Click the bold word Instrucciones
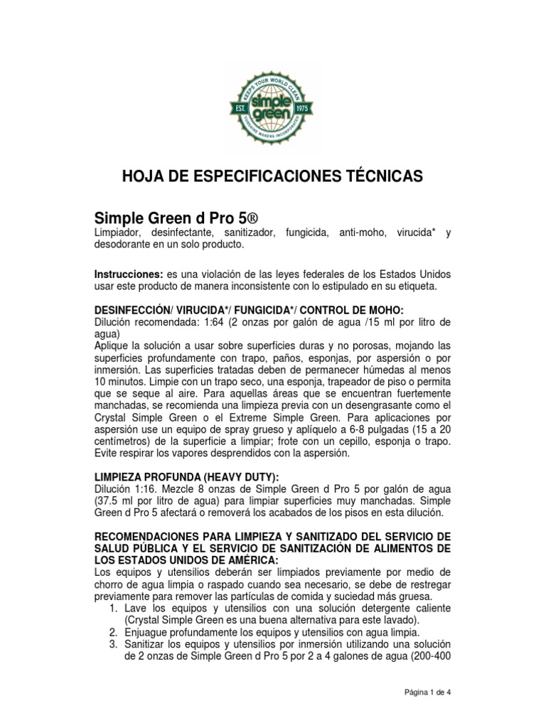point(129,274)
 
